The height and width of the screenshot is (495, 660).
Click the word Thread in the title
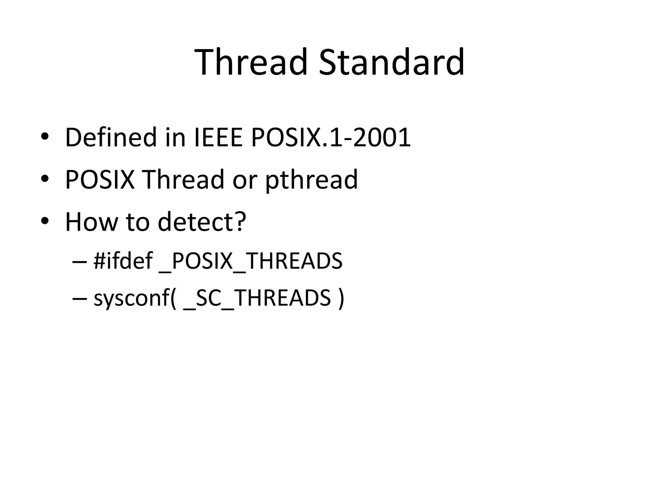pyautogui.click(x=251, y=62)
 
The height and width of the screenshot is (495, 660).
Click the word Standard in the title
pyautogui.click(x=392, y=62)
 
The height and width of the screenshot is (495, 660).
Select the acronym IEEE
pyautogui.click(x=218, y=138)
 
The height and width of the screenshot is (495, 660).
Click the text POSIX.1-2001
pyautogui.click(x=331, y=138)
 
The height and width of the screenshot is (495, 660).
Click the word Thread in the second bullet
pyautogui.click(x=183, y=180)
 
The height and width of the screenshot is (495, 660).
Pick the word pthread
pyautogui.click(x=311, y=180)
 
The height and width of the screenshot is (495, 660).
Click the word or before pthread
pyautogui.click(x=245, y=180)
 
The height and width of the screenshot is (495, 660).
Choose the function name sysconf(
pyautogui.click(x=135, y=298)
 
